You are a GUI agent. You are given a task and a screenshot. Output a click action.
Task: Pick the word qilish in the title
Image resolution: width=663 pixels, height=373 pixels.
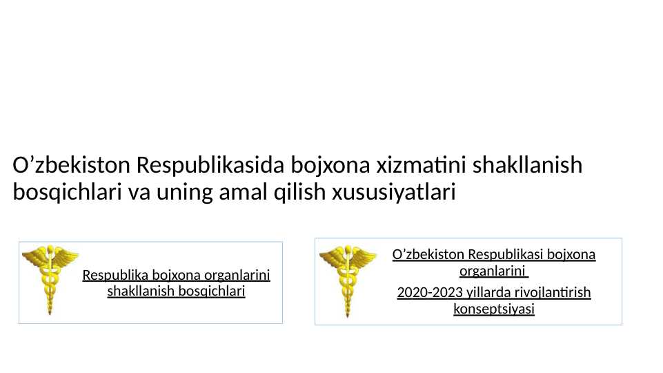(299, 191)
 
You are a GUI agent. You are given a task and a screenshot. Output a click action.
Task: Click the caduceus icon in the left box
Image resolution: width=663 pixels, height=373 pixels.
(50, 280)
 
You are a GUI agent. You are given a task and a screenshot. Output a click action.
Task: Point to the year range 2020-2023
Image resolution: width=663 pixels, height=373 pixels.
(428, 293)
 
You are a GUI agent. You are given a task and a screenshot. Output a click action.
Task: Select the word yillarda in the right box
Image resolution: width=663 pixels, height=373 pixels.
(482, 293)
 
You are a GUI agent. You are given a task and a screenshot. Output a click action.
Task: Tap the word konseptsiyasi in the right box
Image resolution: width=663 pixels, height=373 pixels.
(494, 309)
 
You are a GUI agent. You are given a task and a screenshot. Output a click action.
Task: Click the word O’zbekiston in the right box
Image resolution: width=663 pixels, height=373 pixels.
(428, 254)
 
